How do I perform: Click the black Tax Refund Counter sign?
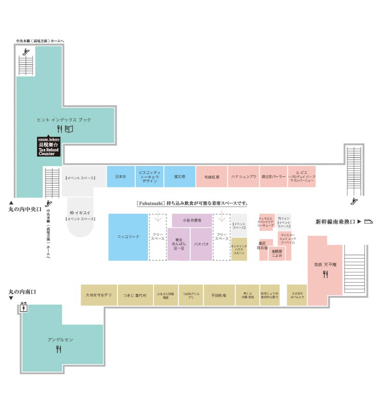click(49, 147)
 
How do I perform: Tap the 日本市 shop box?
click(121, 177)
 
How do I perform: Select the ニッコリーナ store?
click(128, 237)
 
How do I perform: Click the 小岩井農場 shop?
click(192, 220)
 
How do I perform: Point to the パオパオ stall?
click(201, 244)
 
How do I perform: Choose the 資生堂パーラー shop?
click(273, 177)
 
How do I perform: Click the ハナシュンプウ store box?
click(243, 177)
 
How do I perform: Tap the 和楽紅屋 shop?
click(211, 177)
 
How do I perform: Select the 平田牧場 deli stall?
click(219, 295)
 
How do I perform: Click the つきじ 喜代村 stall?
click(135, 295)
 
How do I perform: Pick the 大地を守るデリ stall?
click(99, 295)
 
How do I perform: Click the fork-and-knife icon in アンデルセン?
click(59, 349)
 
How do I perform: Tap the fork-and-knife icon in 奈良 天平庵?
click(325, 274)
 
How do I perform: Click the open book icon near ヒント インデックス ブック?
click(69, 129)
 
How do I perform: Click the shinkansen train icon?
click(368, 222)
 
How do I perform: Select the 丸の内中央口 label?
click(25, 209)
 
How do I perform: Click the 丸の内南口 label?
click(22, 292)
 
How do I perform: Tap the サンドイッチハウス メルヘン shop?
click(239, 250)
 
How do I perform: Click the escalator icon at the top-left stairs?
click(26, 52)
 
